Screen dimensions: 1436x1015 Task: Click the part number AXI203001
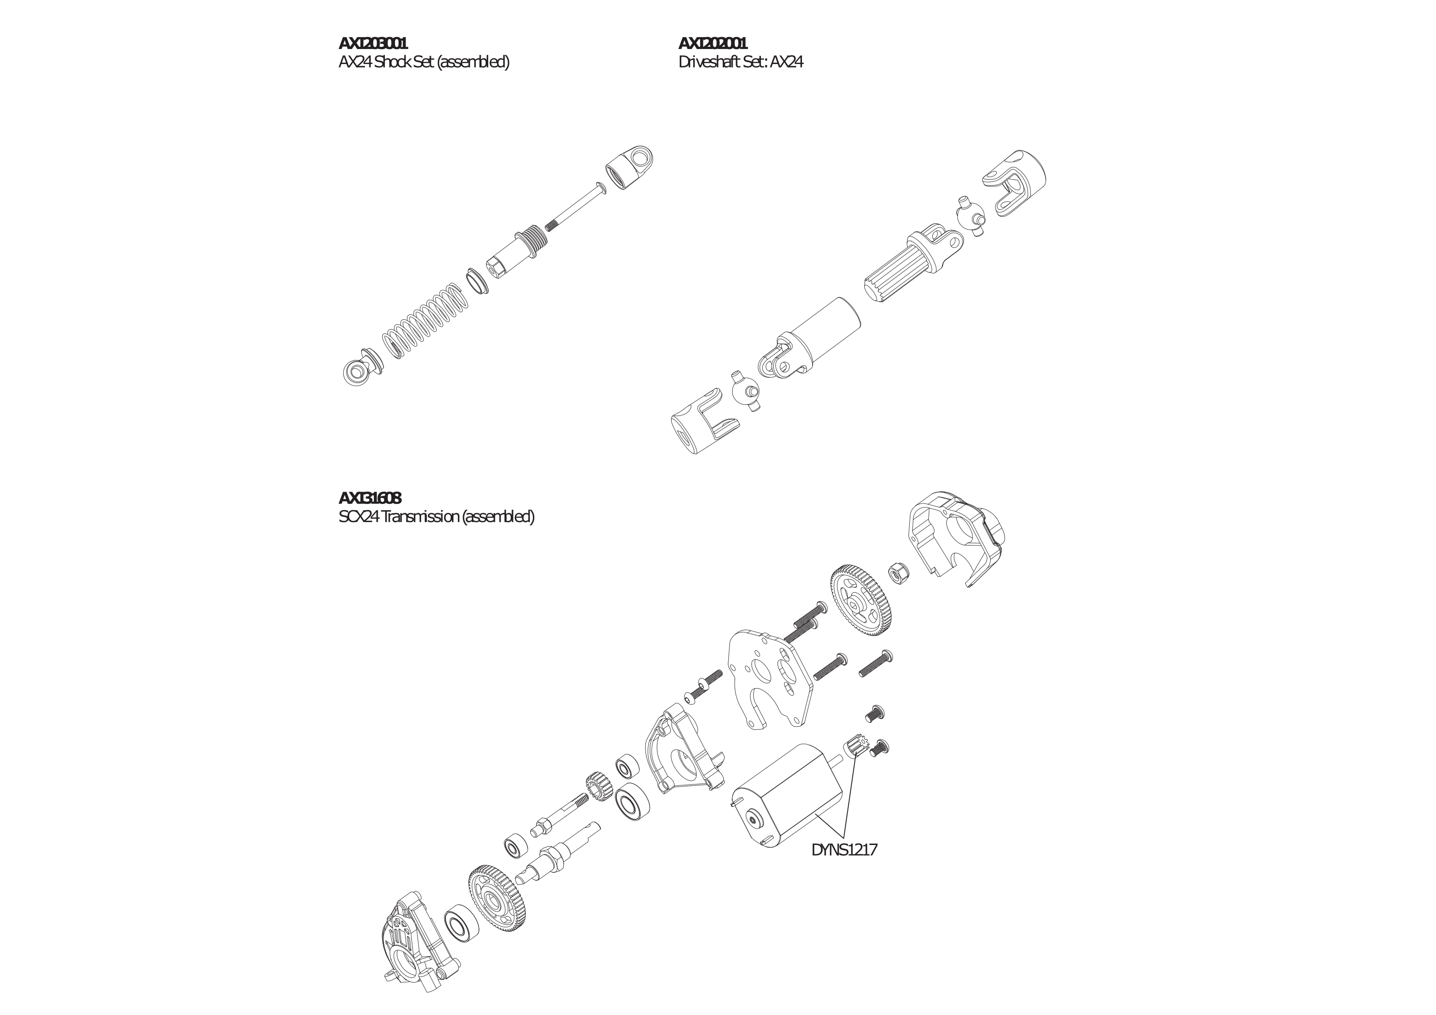click(373, 43)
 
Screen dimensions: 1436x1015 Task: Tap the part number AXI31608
click(370, 498)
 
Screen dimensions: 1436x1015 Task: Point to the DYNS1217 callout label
click(844, 850)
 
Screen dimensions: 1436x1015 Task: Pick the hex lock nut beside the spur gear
click(899, 571)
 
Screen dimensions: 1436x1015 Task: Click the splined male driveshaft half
click(913, 265)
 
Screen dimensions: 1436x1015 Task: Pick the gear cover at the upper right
click(956, 539)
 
